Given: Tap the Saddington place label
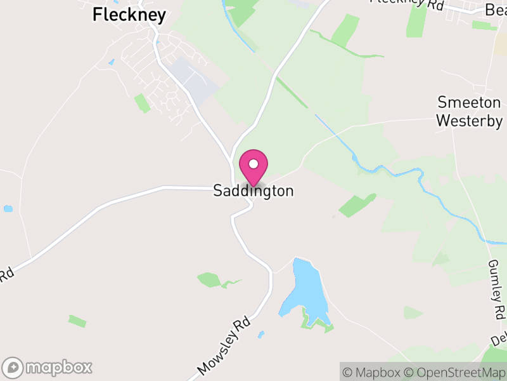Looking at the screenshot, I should click(x=253, y=191).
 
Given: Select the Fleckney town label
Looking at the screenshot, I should click(x=129, y=15).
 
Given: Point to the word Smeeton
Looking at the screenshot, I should click(x=469, y=103).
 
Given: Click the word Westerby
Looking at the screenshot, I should click(x=470, y=121).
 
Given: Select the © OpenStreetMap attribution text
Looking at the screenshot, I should click(x=454, y=371).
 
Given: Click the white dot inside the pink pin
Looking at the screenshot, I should click(x=253, y=164).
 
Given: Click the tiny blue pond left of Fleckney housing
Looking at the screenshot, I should click(x=112, y=63).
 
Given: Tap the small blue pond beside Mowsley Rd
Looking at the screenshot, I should click(x=260, y=334).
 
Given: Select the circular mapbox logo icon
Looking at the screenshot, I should click(x=13, y=367).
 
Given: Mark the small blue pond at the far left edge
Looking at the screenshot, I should click(x=8, y=208).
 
